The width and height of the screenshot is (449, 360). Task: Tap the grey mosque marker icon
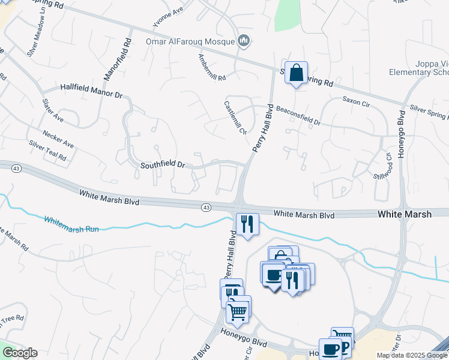244,41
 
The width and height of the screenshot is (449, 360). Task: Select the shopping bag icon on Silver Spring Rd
296,73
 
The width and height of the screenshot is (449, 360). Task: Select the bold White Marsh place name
404,214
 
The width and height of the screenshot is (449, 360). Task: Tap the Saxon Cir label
357,101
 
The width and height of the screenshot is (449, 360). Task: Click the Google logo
20,353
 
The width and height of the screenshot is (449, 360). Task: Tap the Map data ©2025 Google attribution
411,355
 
